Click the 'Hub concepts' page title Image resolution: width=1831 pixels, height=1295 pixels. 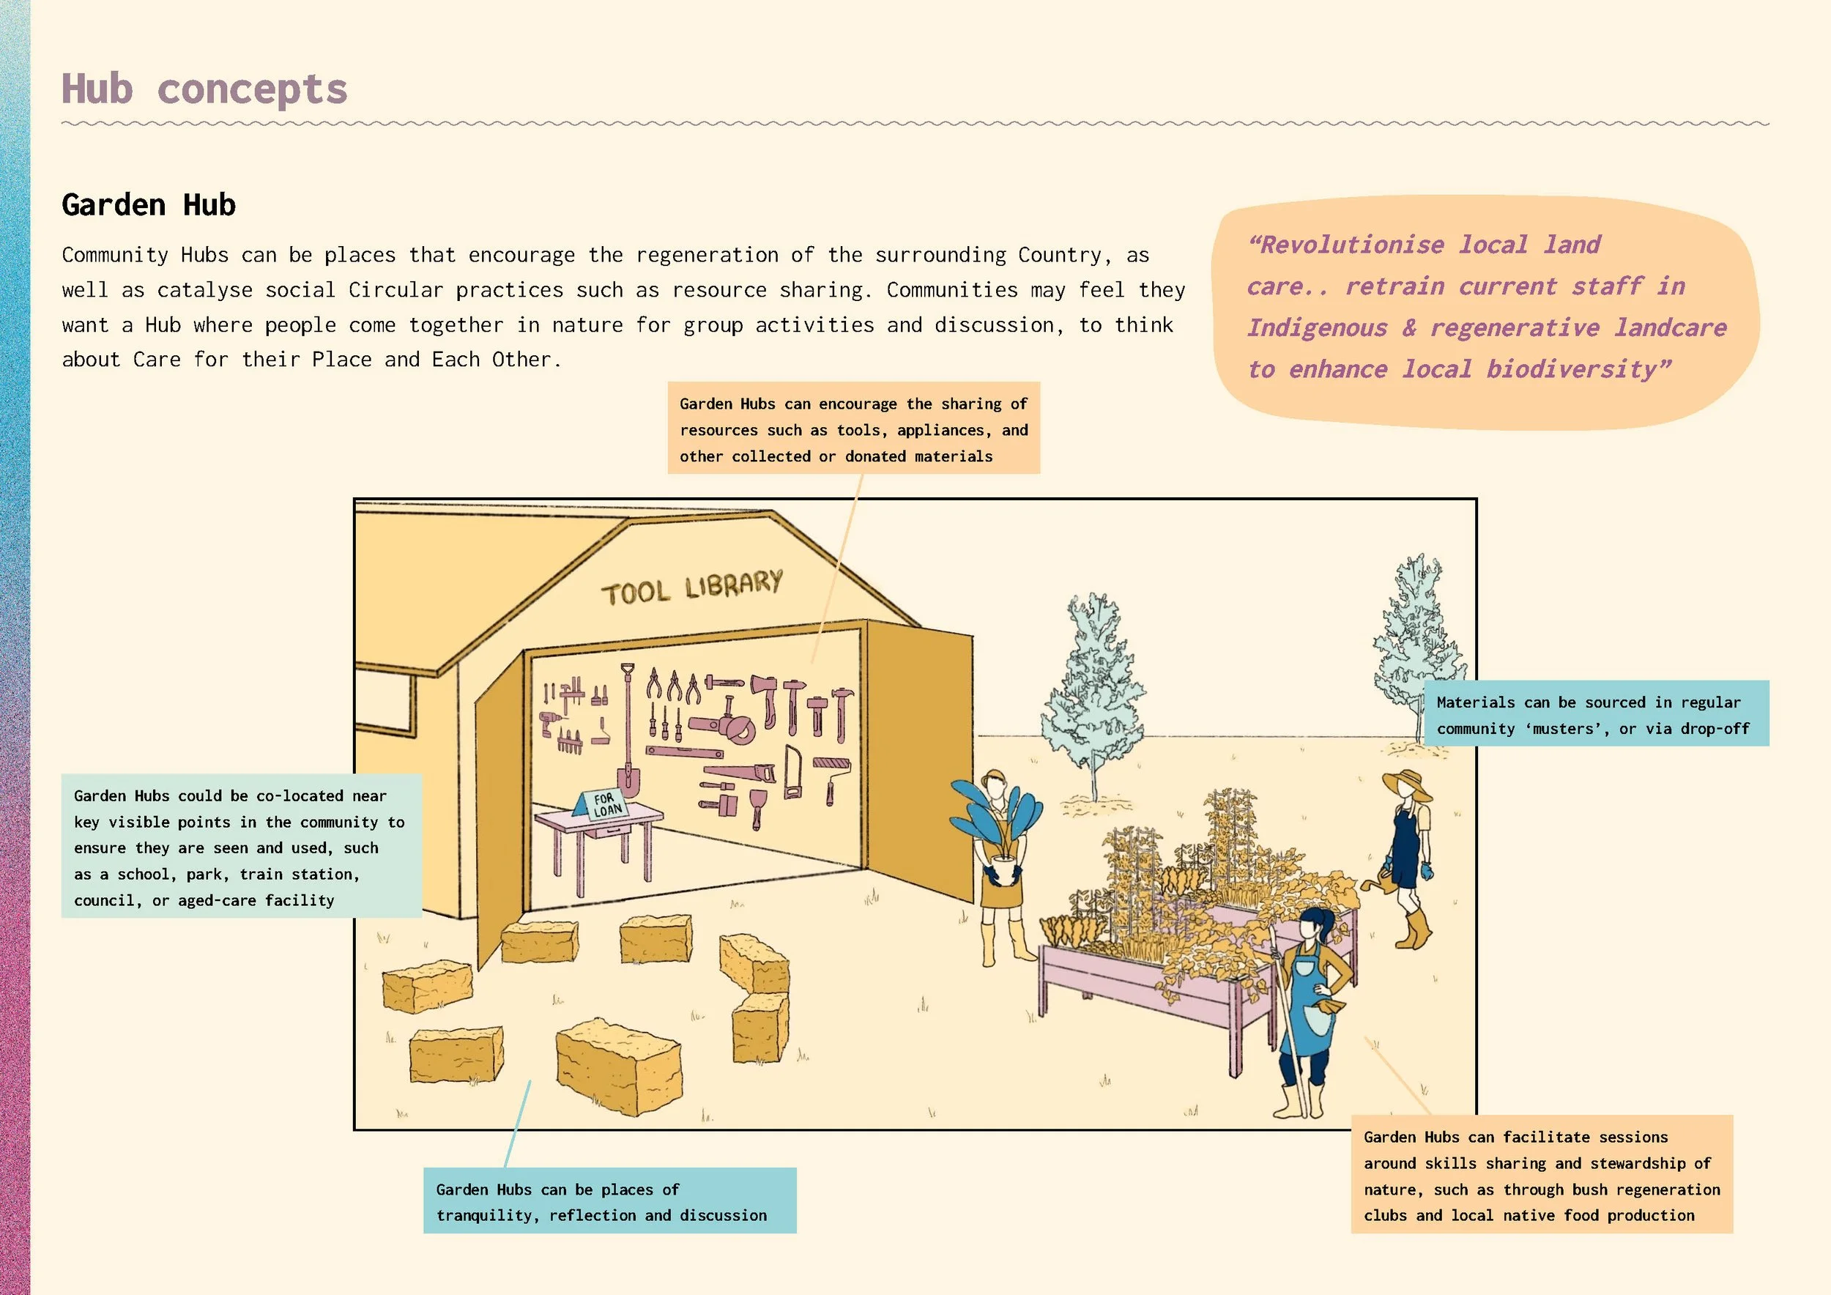tap(204, 89)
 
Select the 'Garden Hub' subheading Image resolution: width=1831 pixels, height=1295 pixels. tap(149, 205)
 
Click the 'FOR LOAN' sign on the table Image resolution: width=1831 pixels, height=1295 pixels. tap(604, 804)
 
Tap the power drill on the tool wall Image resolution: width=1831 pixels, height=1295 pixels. tap(550, 722)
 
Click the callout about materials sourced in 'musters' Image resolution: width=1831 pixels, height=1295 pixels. tap(1595, 714)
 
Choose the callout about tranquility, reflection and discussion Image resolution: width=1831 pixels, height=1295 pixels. tap(609, 1201)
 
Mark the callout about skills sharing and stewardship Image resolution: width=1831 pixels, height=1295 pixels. tap(1541, 1175)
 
